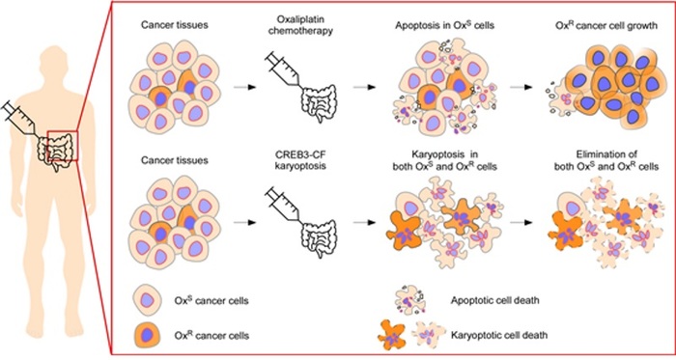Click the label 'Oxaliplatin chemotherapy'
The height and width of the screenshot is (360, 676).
tap(300, 25)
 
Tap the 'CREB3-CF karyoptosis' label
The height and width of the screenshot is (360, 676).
tap(300, 160)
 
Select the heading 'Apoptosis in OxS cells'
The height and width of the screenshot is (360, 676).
tap(444, 25)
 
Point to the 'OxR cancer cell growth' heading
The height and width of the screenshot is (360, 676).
tap(606, 25)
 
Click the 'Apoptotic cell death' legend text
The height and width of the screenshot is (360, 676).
tap(494, 300)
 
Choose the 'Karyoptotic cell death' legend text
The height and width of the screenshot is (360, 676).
tap(499, 335)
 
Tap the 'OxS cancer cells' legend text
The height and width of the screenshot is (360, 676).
tap(211, 300)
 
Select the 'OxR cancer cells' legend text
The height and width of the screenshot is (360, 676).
tap(211, 335)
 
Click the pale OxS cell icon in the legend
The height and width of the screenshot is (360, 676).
tap(147, 300)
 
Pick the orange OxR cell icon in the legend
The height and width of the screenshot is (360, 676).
tap(147, 335)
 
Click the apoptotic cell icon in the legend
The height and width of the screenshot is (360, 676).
tap(410, 300)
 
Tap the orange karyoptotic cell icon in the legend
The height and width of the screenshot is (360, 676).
tap(392, 335)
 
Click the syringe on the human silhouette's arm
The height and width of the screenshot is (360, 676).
tap(19, 118)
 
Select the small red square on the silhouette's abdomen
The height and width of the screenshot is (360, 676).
tap(63, 146)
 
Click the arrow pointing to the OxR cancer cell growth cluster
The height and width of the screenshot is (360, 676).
tap(521, 87)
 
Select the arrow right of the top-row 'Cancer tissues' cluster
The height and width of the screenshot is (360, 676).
tap(245, 87)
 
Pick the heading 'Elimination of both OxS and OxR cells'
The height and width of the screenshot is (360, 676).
tap(606, 160)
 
